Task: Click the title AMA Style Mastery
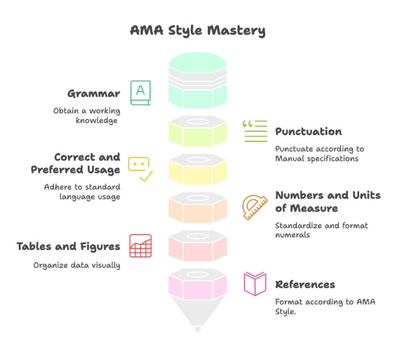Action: click(197, 31)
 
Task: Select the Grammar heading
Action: click(94, 94)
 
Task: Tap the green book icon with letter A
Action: click(140, 92)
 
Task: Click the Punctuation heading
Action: click(308, 132)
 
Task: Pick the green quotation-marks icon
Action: click(255, 131)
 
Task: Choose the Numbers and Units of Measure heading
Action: click(328, 202)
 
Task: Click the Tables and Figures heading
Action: click(69, 246)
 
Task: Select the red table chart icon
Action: click(140, 246)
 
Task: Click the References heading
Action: click(305, 285)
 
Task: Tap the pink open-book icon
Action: click(255, 284)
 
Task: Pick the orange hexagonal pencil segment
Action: click(197, 208)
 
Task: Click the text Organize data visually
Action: click(77, 265)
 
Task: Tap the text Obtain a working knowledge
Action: click(87, 116)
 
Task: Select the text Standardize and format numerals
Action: click(322, 231)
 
